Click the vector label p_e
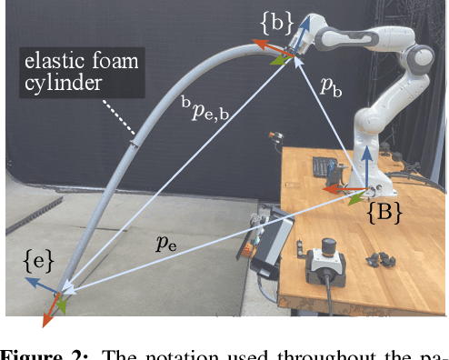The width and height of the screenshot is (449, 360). pyautogui.click(x=165, y=243)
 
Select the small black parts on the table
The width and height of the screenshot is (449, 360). pyautogui.click(x=381, y=260)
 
